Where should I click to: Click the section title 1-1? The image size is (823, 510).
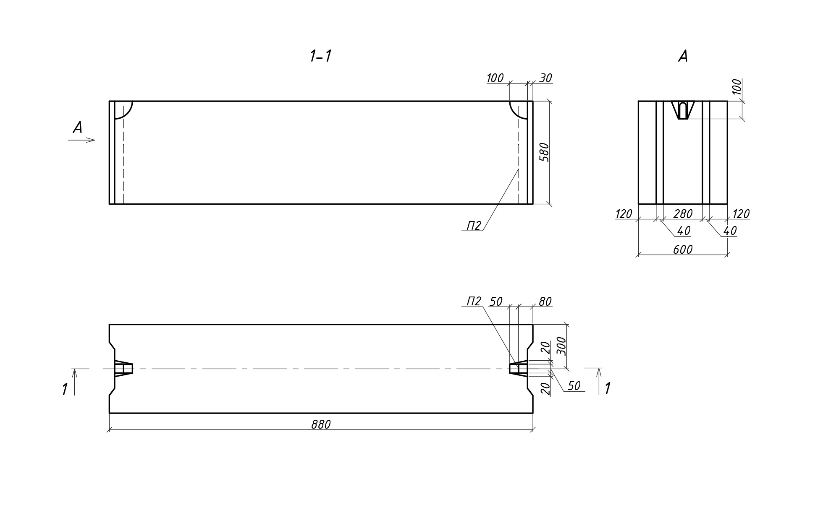point(320,56)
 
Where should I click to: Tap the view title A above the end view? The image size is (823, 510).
point(683,56)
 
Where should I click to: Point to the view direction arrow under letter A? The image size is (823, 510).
point(82,140)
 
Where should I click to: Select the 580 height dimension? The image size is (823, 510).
point(544,152)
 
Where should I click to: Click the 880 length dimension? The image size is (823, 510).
point(321,425)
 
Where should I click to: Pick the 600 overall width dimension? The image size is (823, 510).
point(682,250)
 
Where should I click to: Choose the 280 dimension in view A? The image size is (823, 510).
point(683,214)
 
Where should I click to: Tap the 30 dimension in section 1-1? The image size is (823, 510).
point(545,78)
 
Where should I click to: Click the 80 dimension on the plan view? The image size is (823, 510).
point(545,302)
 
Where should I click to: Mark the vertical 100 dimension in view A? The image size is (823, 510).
point(737,87)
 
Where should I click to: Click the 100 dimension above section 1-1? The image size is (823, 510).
point(495,78)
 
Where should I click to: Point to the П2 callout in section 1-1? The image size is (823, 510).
point(474,226)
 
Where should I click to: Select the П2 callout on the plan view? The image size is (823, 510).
point(474,302)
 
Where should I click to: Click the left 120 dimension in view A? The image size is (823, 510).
point(624,214)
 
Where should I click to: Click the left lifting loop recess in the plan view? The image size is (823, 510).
point(123,369)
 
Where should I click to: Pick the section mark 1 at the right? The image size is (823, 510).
point(607,389)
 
